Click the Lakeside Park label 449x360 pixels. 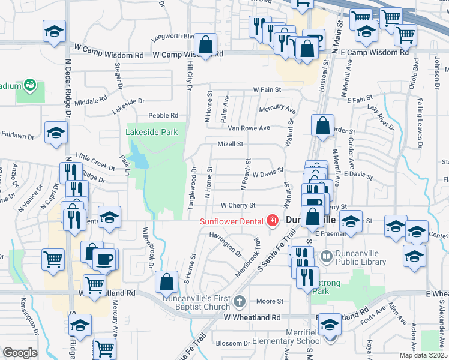152,132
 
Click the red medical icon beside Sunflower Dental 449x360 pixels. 273,221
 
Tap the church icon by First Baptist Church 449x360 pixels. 240,301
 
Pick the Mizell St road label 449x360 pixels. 231,144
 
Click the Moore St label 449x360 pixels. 270,301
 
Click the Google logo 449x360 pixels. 20,353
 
